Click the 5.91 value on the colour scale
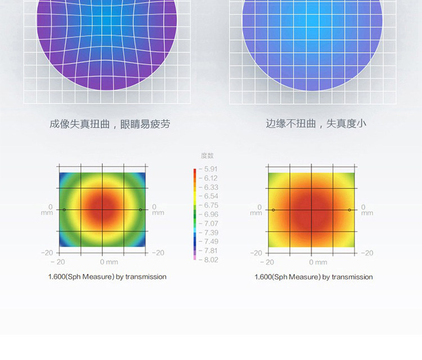tap(211, 169)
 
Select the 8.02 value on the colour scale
tap(211, 260)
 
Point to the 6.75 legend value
tap(211, 205)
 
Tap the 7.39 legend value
tap(211, 232)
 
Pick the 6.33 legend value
tap(211, 187)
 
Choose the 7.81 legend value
tap(211, 251)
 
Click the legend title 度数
tap(207, 156)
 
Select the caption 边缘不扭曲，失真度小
tap(316, 124)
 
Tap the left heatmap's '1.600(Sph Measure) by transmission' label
tap(107, 277)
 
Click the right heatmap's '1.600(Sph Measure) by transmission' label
tap(313, 277)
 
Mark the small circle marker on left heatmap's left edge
tap(64, 210)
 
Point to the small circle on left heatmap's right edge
tap(140, 210)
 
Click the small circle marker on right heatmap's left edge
tap(273, 210)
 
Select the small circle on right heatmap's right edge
tap(349, 210)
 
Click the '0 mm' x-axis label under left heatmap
tap(109, 262)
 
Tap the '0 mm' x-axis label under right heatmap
tap(318, 262)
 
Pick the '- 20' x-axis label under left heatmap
tap(58, 262)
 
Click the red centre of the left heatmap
tap(102, 209)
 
